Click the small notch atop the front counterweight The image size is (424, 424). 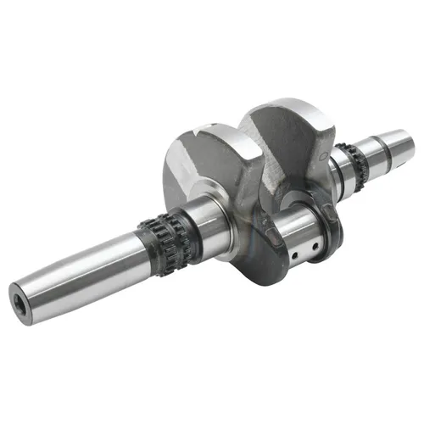click(x=202, y=129)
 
